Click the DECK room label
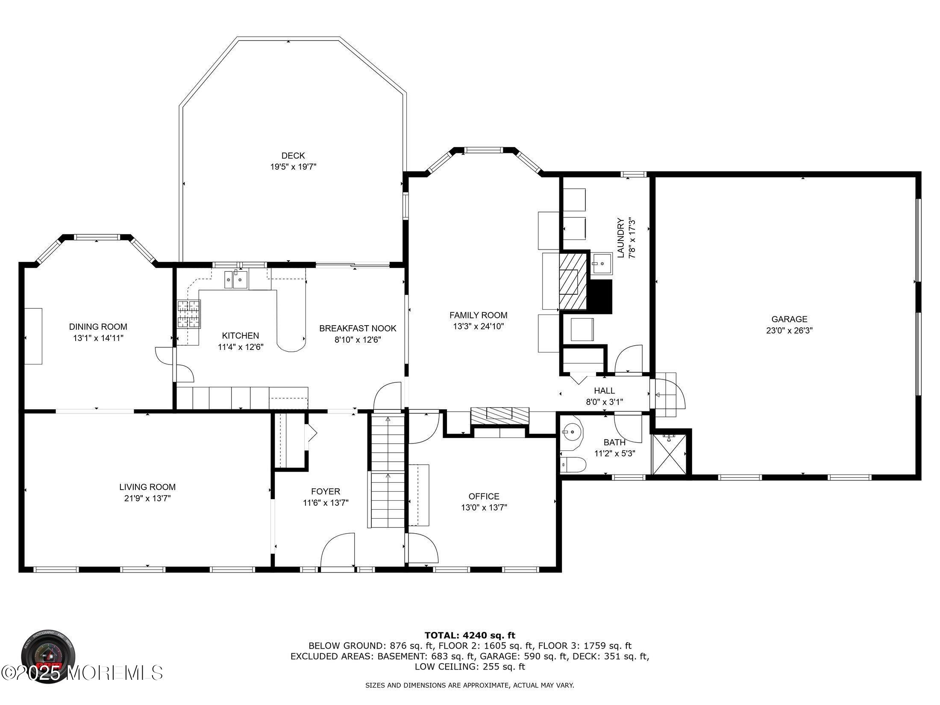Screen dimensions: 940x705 (293, 156)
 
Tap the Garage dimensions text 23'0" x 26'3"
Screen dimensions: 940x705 (789, 330)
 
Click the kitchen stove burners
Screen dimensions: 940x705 (189, 314)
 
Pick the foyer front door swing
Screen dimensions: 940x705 (338, 550)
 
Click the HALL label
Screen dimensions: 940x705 (604, 391)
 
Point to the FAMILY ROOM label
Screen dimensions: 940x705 (478, 315)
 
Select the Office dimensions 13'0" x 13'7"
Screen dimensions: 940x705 (484, 508)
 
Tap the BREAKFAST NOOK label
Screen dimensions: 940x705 (358, 328)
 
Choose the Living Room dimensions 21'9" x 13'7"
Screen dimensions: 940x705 (147, 498)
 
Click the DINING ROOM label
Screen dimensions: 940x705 (98, 327)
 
